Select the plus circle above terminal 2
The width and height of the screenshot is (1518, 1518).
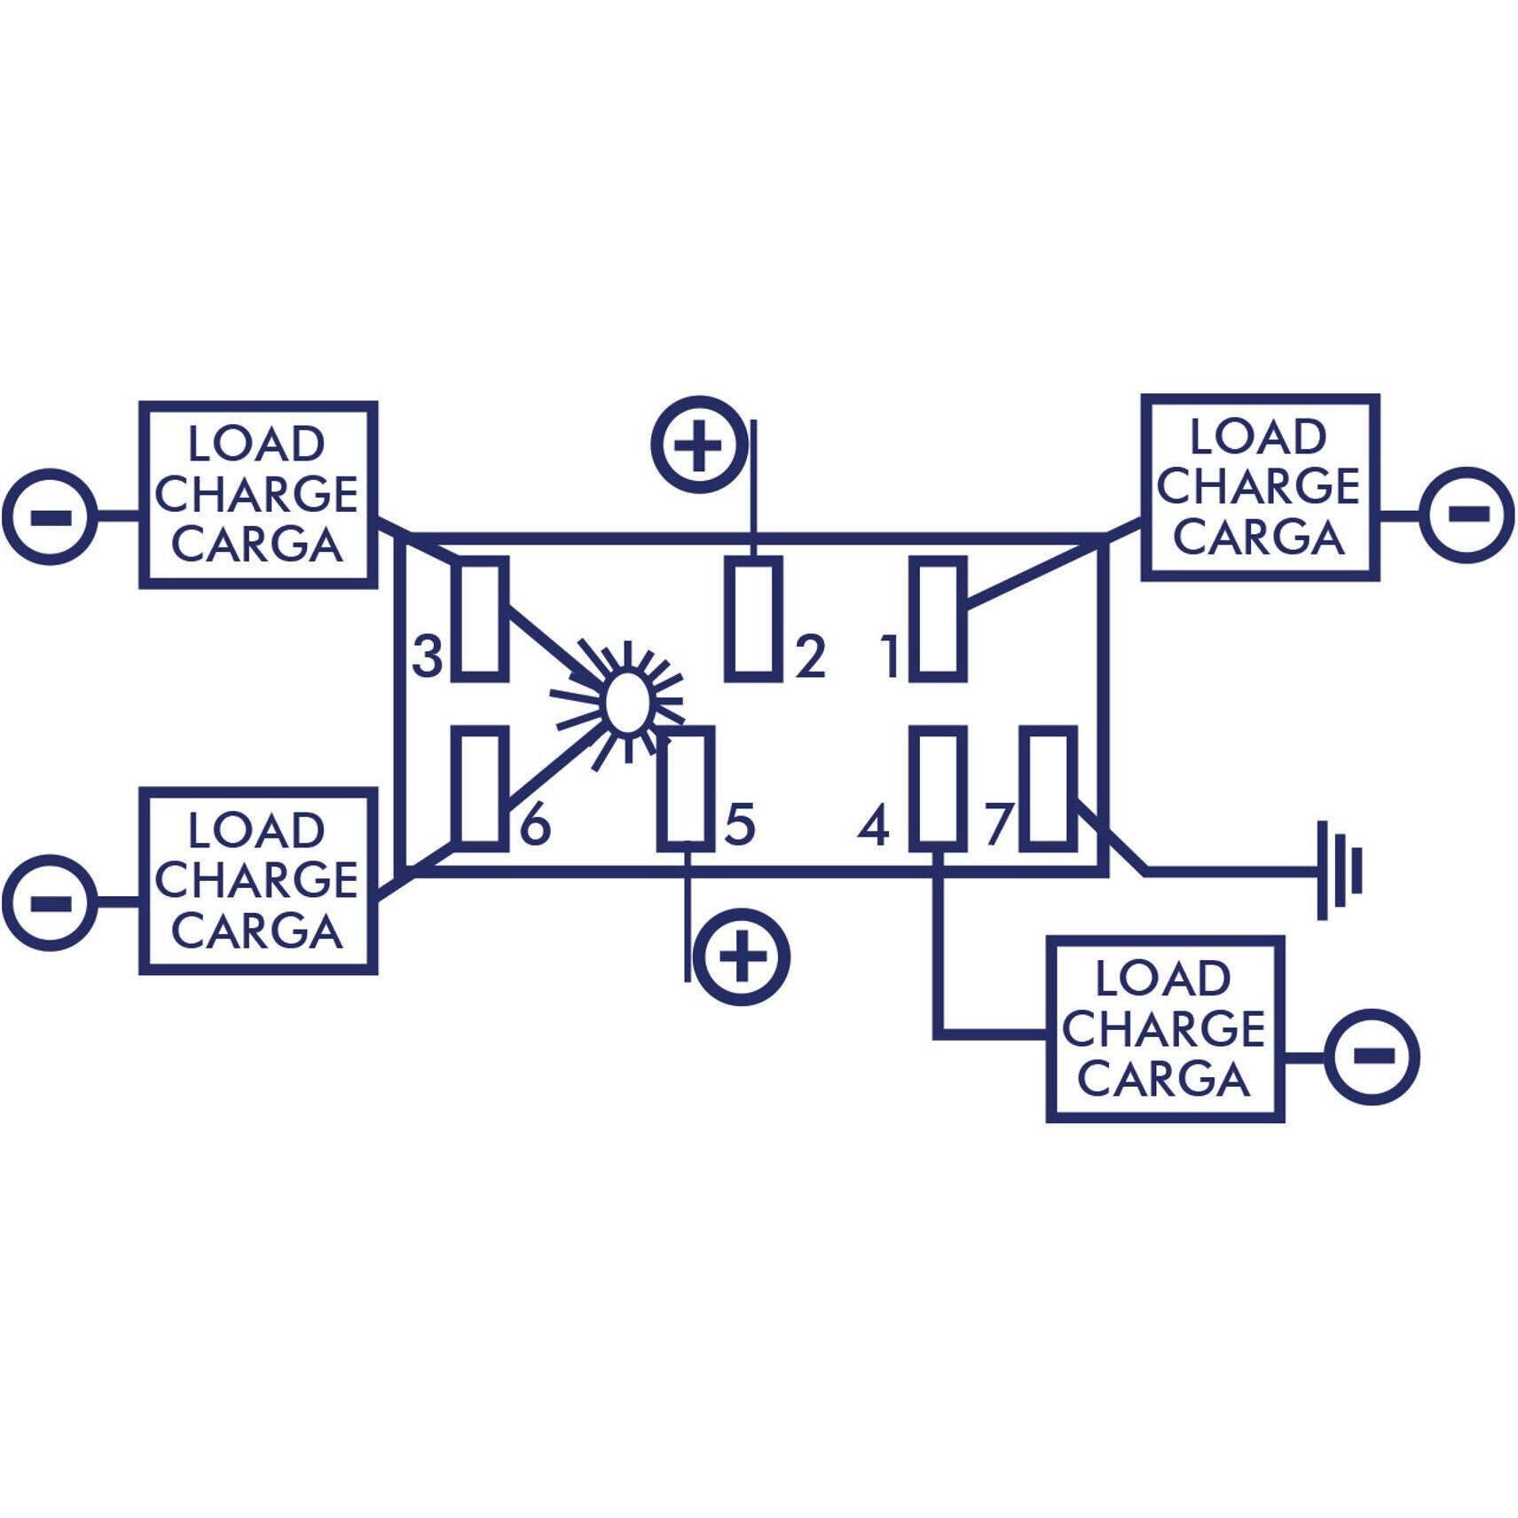click(x=699, y=444)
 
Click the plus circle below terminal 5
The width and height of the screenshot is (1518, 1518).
click(x=741, y=957)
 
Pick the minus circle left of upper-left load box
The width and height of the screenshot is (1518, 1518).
click(x=50, y=516)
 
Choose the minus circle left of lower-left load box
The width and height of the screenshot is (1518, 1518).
click(x=50, y=903)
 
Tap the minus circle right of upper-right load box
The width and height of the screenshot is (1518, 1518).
click(x=1467, y=515)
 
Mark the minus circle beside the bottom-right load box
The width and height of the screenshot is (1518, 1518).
click(x=1372, y=1056)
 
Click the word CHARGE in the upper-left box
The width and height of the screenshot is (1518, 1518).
click(x=256, y=494)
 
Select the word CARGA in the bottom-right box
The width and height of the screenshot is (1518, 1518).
click(x=1164, y=1080)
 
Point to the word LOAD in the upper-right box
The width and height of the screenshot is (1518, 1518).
click(x=1259, y=437)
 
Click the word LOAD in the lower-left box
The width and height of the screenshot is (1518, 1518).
click(x=256, y=831)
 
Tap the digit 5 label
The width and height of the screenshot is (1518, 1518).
click(x=740, y=824)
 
